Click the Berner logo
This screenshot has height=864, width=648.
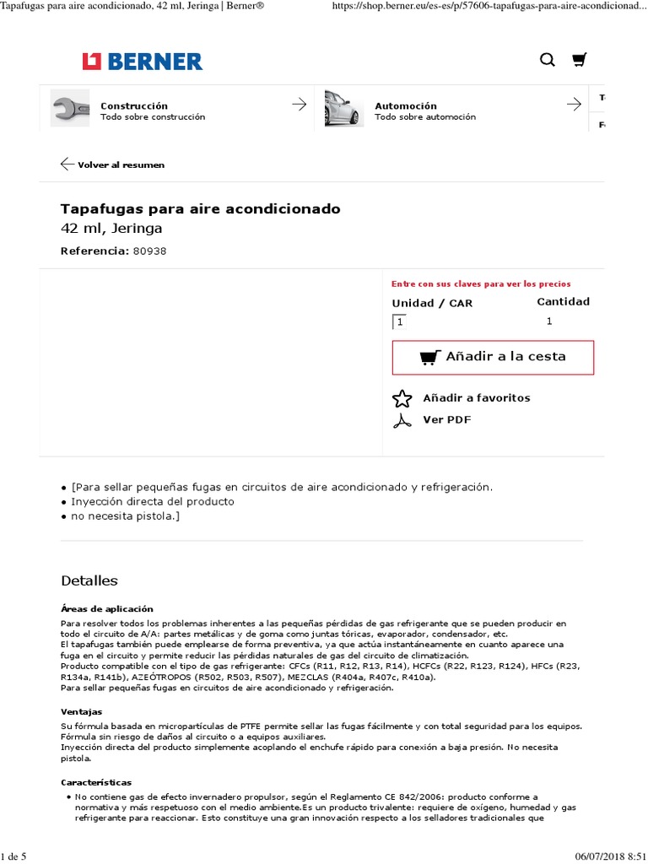coord(142,62)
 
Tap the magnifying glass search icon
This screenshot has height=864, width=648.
coord(548,60)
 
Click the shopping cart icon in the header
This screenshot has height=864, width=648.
coord(579,60)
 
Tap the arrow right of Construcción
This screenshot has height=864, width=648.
coord(299,105)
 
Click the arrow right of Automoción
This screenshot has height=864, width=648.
coord(574,105)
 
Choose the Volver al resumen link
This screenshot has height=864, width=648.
coord(120,165)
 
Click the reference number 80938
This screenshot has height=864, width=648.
coord(150,251)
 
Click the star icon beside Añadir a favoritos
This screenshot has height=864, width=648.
coord(402,398)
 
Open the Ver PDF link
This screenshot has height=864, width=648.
coord(446,419)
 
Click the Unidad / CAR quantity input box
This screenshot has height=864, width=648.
coord(399,321)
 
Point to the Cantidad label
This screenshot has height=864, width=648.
coord(563,301)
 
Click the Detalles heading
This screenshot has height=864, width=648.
coord(89,580)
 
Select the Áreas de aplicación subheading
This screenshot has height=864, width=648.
coord(107,609)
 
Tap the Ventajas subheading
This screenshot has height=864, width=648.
coord(81,712)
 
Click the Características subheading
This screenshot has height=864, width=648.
coord(96,783)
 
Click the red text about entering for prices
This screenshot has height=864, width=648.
coord(481,284)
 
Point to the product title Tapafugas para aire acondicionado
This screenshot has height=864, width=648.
coord(201,208)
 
